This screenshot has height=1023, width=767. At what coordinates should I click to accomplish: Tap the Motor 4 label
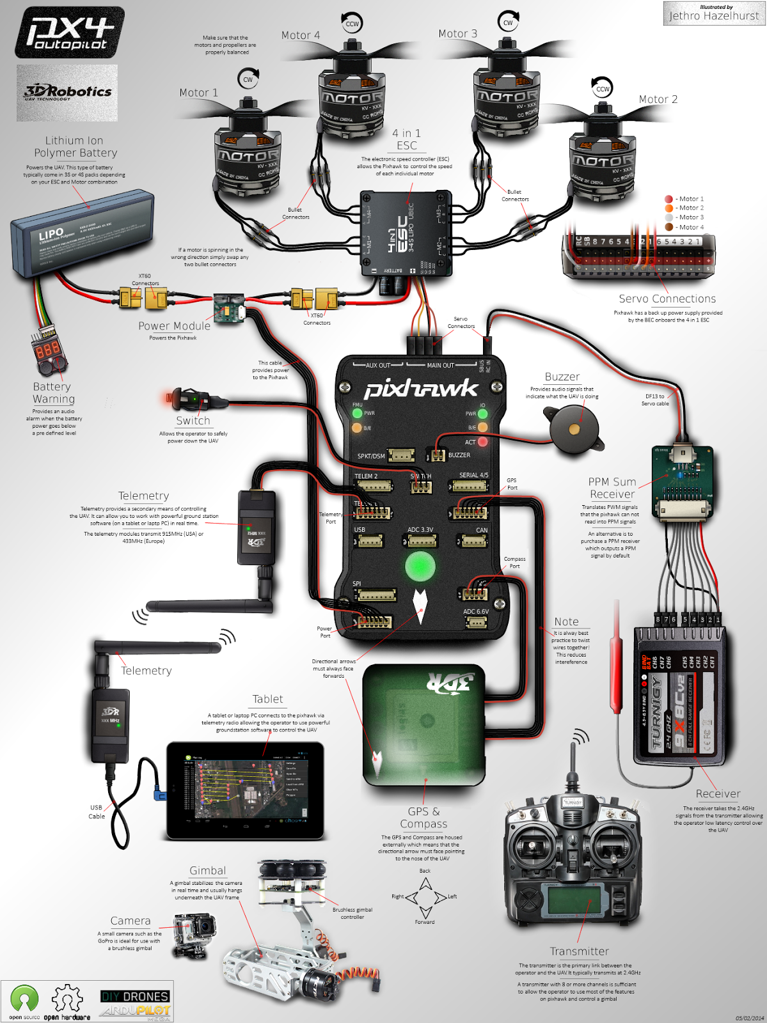[301, 35]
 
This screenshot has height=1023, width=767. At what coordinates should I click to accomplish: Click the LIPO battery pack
[82, 233]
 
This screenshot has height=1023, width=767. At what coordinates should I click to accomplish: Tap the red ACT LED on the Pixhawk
[483, 442]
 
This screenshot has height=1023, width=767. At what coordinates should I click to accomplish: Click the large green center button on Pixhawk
[420, 566]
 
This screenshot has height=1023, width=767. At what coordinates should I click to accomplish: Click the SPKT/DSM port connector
[402, 455]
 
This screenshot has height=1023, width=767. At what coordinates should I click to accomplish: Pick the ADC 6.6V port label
[476, 612]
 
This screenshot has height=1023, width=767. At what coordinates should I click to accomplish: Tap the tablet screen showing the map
[245, 790]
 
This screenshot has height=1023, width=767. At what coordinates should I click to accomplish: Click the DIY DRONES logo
[135, 996]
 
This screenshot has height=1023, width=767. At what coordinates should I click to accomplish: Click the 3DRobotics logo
[67, 93]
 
